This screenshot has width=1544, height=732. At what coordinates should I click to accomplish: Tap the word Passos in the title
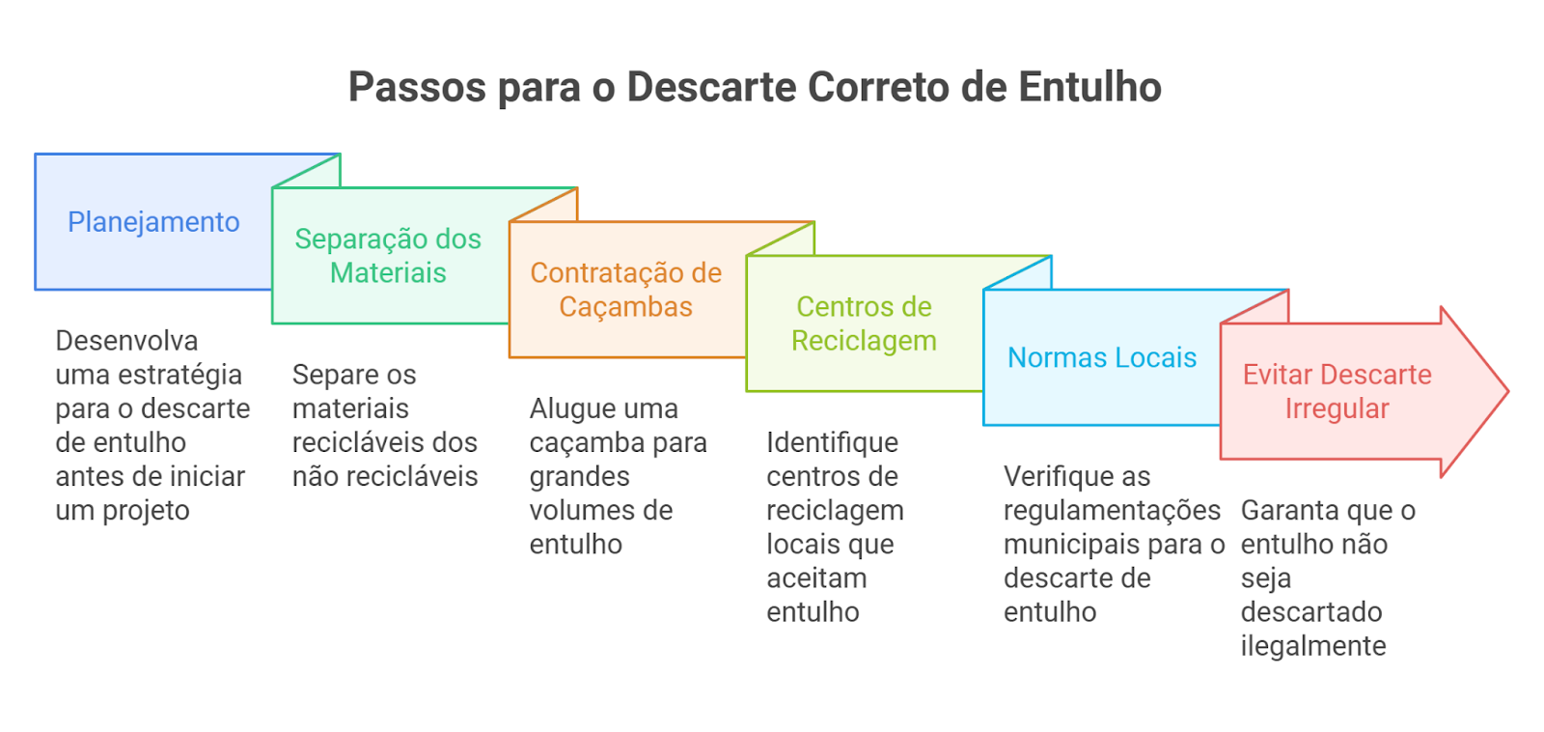pyautogui.click(x=417, y=87)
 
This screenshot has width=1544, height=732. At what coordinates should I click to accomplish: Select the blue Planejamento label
pyautogui.click(x=153, y=222)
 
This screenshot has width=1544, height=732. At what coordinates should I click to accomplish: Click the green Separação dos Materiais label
pyautogui.click(x=388, y=255)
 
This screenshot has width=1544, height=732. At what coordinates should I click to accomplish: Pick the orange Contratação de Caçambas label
pyautogui.click(x=626, y=290)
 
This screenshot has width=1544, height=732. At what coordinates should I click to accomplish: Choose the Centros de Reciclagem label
pyautogui.click(x=864, y=324)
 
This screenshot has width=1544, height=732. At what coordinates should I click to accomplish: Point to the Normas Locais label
pyautogui.click(x=1102, y=357)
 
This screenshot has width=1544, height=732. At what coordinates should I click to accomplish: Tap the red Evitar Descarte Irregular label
pyautogui.click(x=1337, y=391)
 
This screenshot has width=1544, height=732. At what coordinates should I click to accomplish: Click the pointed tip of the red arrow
pyautogui.click(x=1508, y=391)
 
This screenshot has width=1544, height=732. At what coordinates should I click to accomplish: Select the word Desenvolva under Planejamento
pyautogui.click(x=126, y=341)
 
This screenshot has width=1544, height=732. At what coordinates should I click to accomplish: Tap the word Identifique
pyautogui.click(x=833, y=443)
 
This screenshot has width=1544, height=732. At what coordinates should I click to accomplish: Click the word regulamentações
pyautogui.click(x=1113, y=511)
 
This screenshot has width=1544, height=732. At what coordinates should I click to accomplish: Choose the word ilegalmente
pyautogui.click(x=1313, y=646)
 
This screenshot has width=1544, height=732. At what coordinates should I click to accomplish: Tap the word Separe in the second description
pyautogui.click(x=329, y=376)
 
